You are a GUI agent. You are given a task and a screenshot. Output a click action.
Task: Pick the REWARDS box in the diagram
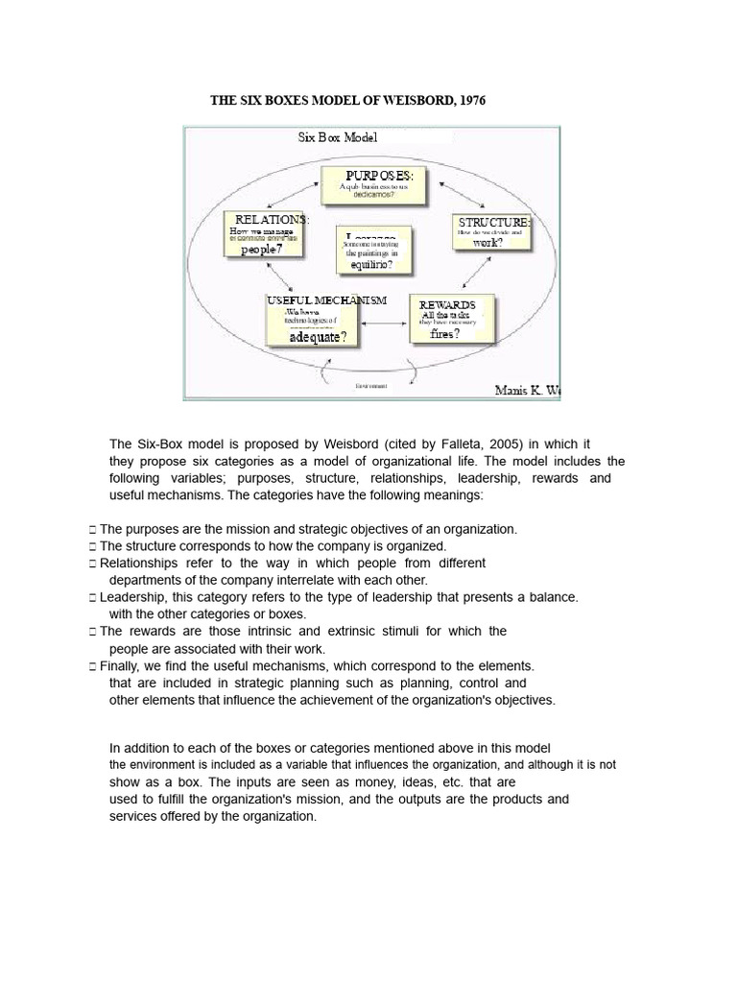coord(454,319)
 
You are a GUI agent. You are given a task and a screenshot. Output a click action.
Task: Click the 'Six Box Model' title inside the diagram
coord(338,137)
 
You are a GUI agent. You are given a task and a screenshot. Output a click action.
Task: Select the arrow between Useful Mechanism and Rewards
coord(384,325)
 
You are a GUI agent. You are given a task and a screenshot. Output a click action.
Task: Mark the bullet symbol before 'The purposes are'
coord(91,529)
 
